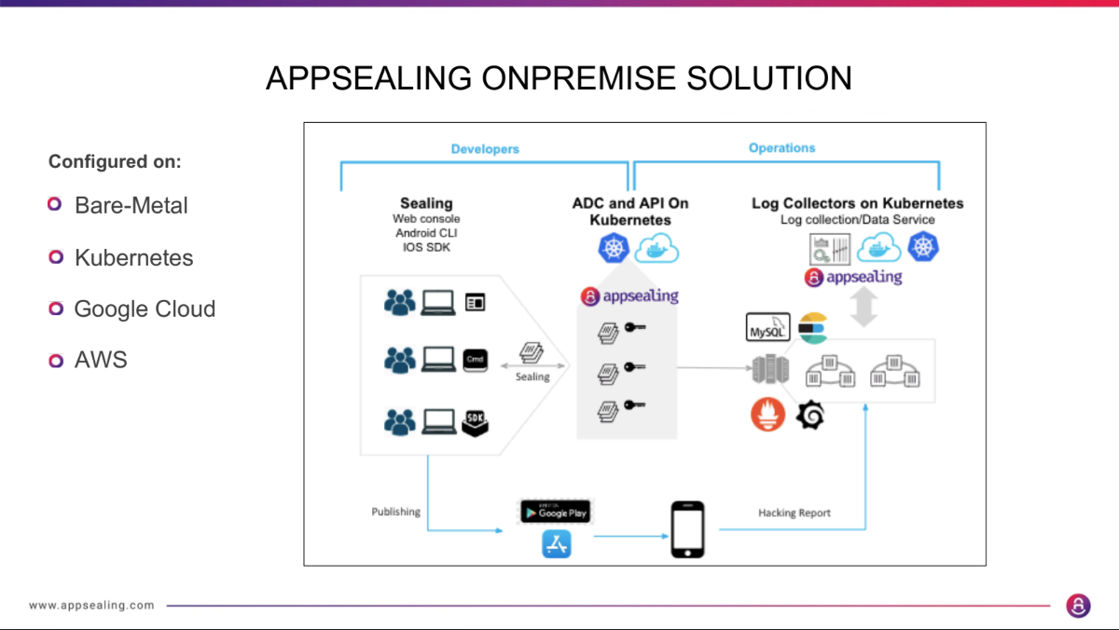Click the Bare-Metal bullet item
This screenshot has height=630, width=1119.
pos(131,206)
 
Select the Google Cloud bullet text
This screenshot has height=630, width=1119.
pos(145,309)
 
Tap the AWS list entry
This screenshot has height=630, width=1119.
pos(101,360)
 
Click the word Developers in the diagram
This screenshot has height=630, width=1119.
pos(485,149)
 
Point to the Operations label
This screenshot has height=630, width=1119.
pos(781,148)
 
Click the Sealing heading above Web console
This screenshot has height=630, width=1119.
pos(426,203)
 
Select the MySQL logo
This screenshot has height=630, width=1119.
pos(768,328)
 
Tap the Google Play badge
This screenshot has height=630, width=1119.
pos(556,513)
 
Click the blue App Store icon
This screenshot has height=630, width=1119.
pos(557,544)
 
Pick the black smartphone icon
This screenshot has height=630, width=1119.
pos(688,530)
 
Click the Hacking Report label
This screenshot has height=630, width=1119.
pos(794,513)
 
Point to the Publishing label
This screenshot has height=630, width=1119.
pos(395,512)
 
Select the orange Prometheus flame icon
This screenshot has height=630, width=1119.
pos(768,414)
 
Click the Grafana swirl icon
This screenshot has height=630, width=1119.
pos(809,414)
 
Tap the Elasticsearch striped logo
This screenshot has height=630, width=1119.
pos(812,328)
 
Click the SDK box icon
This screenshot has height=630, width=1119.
pos(476,422)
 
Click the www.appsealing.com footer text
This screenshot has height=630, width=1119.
pos(91,605)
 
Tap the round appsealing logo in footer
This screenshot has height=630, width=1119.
pos(1078,606)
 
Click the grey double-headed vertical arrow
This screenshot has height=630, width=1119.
pos(864,308)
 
